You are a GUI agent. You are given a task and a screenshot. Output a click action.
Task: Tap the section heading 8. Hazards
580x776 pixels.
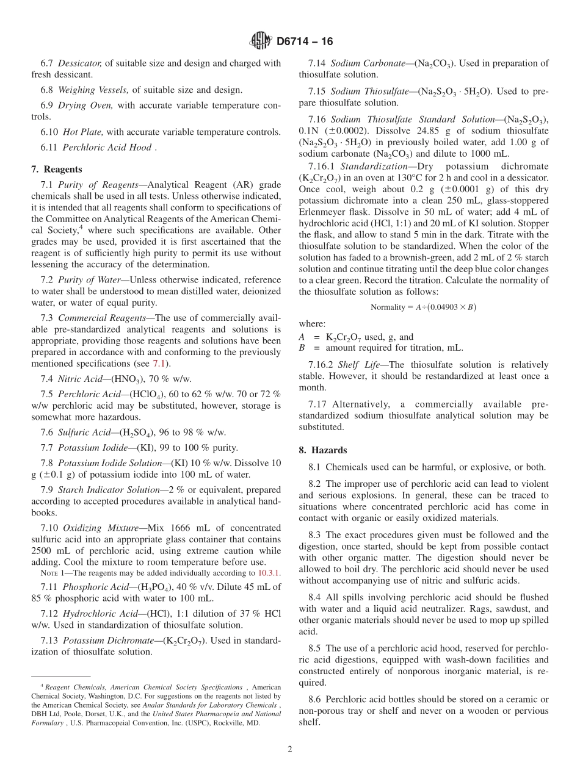click(322, 450)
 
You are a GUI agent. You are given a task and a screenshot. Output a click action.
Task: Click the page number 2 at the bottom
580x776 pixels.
click(290, 749)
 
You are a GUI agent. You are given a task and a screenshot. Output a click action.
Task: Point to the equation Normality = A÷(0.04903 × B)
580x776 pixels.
click(423, 307)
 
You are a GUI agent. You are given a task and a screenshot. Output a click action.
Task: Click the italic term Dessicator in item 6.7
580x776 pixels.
click(81, 63)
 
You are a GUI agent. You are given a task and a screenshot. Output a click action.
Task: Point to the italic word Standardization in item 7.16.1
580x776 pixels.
click(374, 166)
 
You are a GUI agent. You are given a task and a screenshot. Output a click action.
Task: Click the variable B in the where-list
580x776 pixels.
click(302, 348)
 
